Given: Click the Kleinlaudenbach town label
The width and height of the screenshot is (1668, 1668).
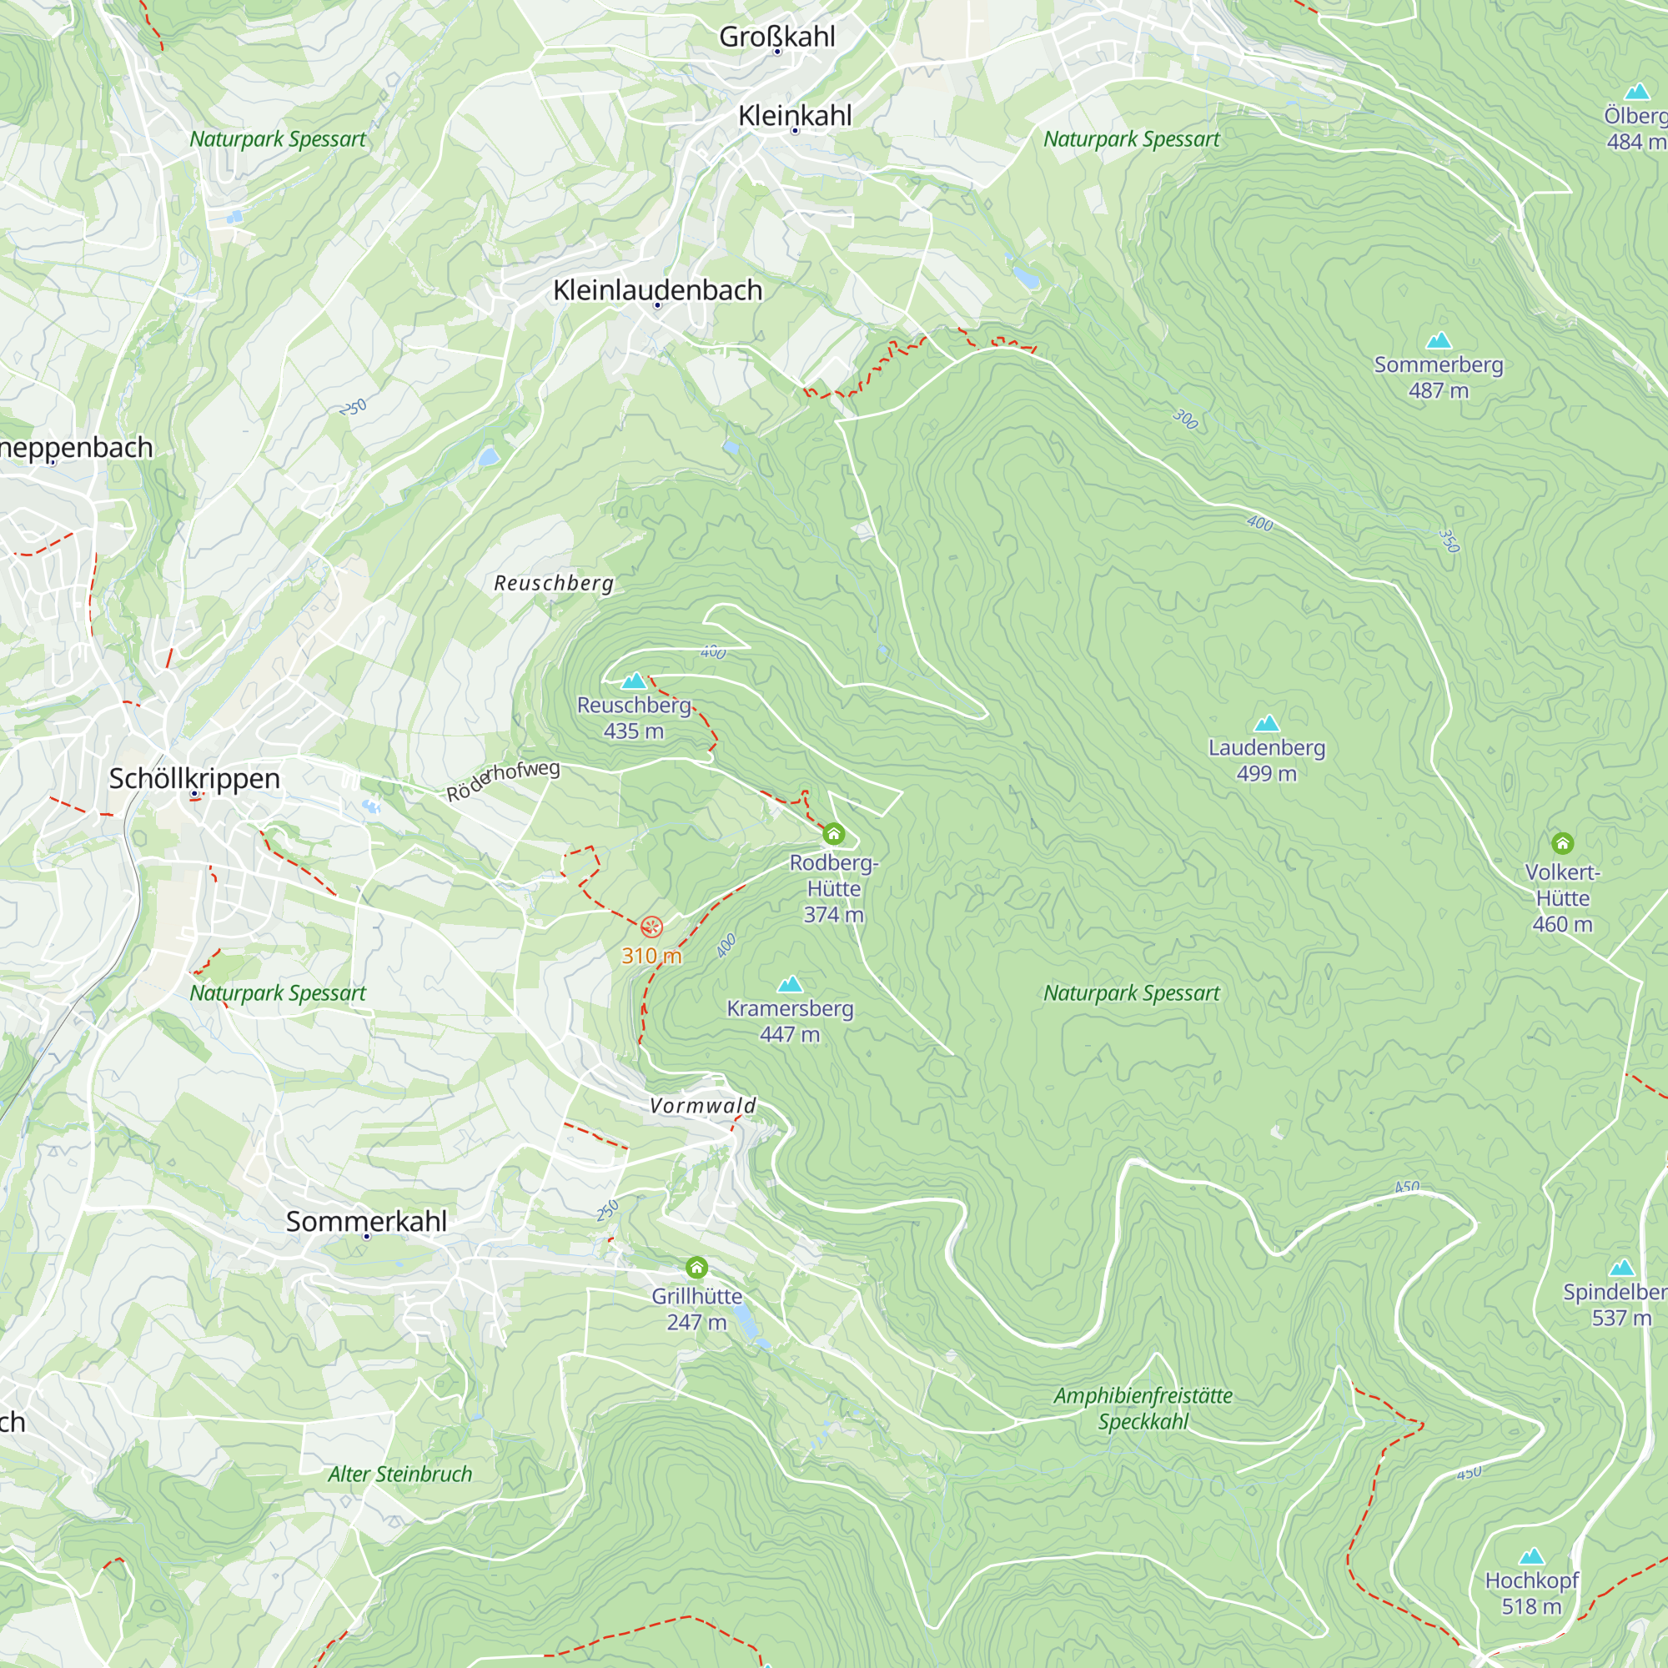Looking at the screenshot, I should [x=657, y=290].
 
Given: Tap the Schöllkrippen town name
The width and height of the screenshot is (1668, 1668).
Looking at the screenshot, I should [x=194, y=778].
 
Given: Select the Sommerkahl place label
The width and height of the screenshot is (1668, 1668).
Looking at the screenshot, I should [x=366, y=1221].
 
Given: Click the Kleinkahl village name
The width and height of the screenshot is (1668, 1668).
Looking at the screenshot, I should [x=794, y=115].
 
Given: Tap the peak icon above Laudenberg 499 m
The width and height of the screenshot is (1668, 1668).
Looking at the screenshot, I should [x=1266, y=722].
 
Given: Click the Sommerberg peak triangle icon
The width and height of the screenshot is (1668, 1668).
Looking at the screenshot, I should [x=1439, y=340].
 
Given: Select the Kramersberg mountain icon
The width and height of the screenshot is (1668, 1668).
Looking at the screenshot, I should [x=789, y=984].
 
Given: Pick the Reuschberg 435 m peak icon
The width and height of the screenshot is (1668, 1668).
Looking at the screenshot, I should [x=634, y=681].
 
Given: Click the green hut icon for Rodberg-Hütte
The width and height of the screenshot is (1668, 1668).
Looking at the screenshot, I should [x=833, y=833].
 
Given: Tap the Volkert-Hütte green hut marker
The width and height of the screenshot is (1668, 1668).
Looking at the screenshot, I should [x=1562, y=842].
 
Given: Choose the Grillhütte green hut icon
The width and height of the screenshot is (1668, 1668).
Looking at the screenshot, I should [x=696, y=1268].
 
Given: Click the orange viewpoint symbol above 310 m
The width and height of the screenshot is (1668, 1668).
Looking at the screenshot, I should [x=652, y=927].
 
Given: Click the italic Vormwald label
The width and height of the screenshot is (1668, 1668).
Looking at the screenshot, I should [x=703, y=1105].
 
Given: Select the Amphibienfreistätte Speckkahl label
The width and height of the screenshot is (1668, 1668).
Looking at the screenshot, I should [x=1143, y=1408].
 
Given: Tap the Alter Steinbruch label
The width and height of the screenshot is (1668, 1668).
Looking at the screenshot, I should [x=399, y=1474].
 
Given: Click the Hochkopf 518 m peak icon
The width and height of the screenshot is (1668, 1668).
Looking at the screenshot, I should [x=1531, y=1555].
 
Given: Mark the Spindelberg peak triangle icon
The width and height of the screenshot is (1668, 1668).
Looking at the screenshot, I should [x=1622, y=1268].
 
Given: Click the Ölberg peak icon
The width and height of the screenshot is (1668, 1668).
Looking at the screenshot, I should [x=1637, y=92].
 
